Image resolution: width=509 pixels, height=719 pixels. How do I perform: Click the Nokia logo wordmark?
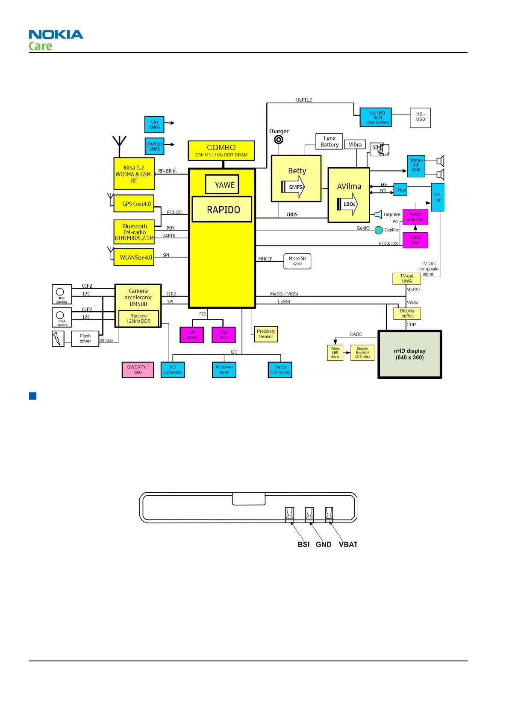click(56, 35)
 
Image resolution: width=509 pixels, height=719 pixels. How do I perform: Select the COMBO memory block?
click(221, 151)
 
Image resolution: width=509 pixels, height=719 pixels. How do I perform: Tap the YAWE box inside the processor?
click(222, 184)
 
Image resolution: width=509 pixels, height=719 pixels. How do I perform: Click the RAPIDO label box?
click(222, 209)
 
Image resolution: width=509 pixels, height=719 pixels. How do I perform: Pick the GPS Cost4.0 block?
click(134, 204)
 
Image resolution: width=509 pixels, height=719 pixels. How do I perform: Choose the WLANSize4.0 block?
click(134, 257)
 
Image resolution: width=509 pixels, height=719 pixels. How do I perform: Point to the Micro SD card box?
click(297, 261)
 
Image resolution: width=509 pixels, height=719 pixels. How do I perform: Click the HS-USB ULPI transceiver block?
click(376, 117)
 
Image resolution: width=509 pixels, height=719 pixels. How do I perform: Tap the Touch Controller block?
click(280, 370)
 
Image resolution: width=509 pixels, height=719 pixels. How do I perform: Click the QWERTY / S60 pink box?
click(138, 370)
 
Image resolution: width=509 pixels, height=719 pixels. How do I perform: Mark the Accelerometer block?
click(224, 370)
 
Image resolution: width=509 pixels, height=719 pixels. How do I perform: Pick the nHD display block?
click(409, 354)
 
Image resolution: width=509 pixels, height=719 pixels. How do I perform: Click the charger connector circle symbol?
click(279, 140)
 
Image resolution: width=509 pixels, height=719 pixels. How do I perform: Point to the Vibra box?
click(355, 145)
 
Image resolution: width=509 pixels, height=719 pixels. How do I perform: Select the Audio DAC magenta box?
click(415, 240)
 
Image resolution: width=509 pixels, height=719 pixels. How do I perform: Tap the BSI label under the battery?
click(303, 544)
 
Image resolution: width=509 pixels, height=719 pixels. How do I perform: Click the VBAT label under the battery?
click(348, 544)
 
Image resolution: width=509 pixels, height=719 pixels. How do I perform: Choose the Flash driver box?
click(85, 339)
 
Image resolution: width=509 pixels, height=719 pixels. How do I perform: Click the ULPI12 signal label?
click(304, 99)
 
